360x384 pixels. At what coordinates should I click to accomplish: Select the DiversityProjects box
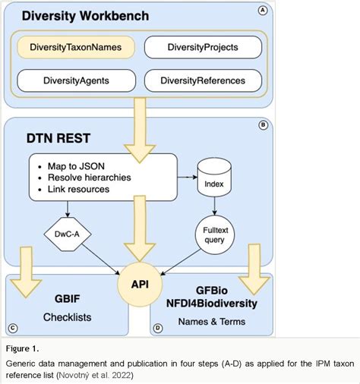202,47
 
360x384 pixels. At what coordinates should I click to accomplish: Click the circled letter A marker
263,10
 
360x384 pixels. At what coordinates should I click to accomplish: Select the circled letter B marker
264,126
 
